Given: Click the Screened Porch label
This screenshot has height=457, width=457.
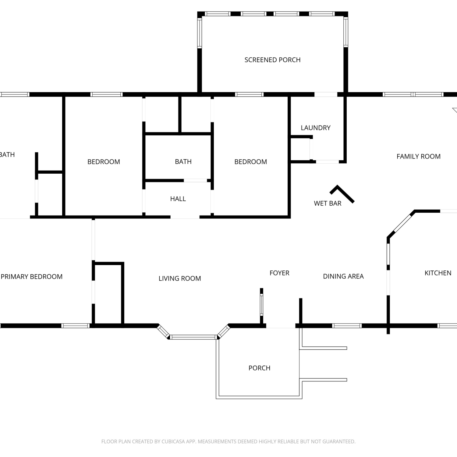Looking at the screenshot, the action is (272, 60).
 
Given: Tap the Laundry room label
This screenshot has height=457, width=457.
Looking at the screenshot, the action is (316, 128).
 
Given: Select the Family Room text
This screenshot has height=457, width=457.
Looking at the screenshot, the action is (418, 157).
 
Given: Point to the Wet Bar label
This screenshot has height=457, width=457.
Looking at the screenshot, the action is (328, 204).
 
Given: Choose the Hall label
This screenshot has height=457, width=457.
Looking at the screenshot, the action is (178, 199).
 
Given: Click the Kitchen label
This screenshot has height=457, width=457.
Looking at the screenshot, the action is (438, 273).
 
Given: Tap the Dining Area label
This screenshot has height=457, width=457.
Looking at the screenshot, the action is (343, 276).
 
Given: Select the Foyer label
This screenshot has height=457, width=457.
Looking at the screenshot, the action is (279, 273).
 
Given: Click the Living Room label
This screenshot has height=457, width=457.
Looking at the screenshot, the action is (180, 278).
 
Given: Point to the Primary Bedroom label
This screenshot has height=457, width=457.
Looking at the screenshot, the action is (32, 277).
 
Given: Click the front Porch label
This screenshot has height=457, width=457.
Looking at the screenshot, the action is (259, 368).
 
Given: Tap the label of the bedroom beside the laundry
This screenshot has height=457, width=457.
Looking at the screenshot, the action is (250, 162).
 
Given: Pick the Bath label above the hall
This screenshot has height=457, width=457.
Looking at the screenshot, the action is (183, 162).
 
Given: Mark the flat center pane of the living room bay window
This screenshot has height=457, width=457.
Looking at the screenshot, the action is (193, 337).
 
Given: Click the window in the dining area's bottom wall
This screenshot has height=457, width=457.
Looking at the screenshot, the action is (347, 326).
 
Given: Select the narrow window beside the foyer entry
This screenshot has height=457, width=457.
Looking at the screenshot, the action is (261, 305).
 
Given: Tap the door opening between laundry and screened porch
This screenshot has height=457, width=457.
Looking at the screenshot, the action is (326, 94).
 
